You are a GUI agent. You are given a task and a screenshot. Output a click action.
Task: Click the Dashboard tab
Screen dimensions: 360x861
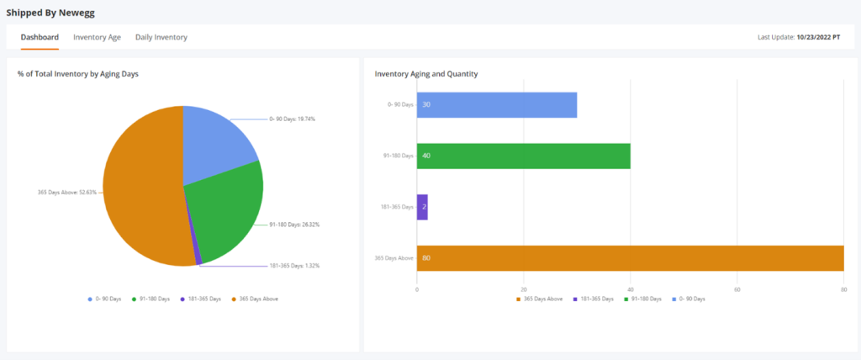[x=40, y=37]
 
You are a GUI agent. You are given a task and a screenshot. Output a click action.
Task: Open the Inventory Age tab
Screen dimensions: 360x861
[x=97, y=37]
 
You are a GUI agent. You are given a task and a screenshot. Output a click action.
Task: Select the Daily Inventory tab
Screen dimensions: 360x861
[x=161, y=37]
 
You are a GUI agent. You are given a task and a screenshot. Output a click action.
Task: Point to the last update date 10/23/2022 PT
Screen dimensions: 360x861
[x=818, y=38]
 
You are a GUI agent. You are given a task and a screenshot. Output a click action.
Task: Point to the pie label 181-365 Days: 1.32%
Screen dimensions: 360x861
[x=294, y=266]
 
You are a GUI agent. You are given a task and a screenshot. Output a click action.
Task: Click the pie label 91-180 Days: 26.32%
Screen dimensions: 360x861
[x=294, y=225]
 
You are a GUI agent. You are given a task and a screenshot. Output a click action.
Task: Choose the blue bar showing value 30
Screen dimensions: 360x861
[x=497, y=104]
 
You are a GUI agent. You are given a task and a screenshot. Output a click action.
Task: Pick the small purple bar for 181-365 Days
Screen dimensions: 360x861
[x=422, y=206]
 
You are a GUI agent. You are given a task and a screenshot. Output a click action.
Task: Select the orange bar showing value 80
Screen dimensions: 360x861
[x=630, y=257]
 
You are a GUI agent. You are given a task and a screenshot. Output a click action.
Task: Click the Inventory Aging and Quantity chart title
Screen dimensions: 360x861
[x=426, y=74]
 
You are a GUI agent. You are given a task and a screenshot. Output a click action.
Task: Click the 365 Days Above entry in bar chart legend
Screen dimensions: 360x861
[x=540, y=299]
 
